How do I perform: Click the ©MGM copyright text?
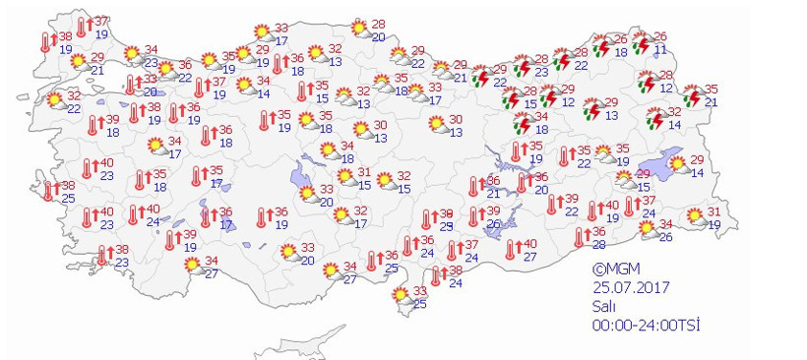pyautogui.click(x=614, y=268)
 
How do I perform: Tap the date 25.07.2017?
pyautogui.click(x=629, y=286)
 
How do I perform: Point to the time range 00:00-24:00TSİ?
pyautogui.click(x=646, y=324)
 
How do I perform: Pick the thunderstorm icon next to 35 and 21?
pyautogui.click(x=693, y=96)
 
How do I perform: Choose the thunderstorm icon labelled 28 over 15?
pyautogui.click(x=512, y=97)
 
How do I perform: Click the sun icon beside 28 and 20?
pyautogui.click(x=358, y=30)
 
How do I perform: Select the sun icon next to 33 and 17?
pyautogui.click(x=262, y=33)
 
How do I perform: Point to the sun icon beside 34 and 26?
pyautogui.click(x=648, y=229)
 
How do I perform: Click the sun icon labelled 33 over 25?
pyautogui.click(x=401, y=296)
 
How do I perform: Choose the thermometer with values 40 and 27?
pyautogui.click(x=511, y=250)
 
